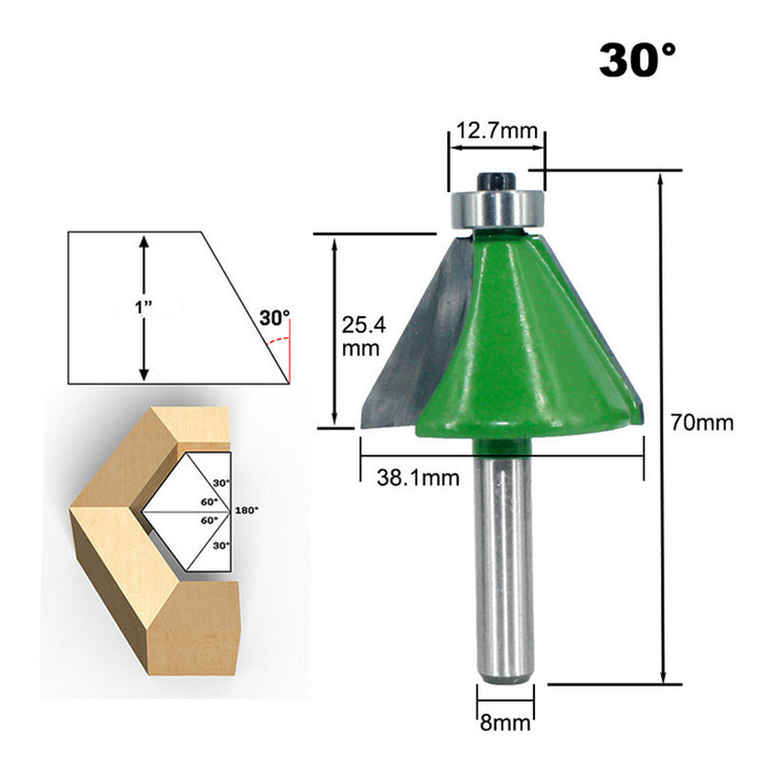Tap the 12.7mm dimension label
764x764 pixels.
click(x=496, y=131)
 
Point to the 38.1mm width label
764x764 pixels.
click(x=403, y=476)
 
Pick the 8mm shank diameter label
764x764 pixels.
click(x=504, y=723)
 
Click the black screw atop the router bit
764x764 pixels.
click(x=497, y=179)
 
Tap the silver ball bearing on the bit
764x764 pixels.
click(x=497, y=205)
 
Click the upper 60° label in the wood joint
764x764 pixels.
click(x=209, y=500)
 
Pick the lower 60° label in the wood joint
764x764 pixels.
click(x=209, y=521)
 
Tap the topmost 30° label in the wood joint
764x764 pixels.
click(x=222, y=483)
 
